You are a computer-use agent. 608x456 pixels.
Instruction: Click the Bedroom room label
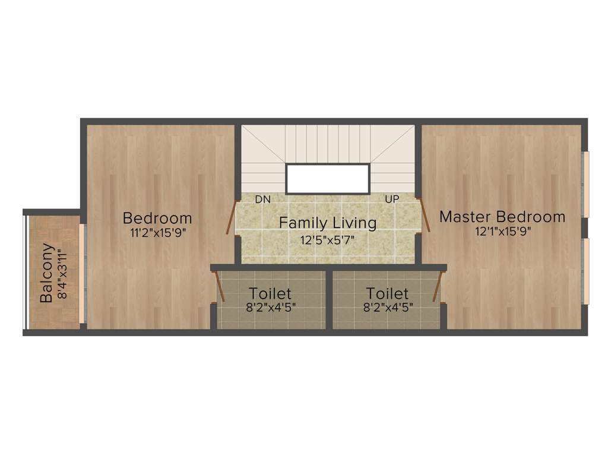click(157, 217)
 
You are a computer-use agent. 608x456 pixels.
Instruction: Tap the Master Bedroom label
click(502, 217)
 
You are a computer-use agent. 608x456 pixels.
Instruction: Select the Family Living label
click(328, 223)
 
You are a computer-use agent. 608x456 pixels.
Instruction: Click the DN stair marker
click(263, 199)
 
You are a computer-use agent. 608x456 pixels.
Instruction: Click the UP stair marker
click(392, 199)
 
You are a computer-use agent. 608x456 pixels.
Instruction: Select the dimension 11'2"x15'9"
click(158, 233)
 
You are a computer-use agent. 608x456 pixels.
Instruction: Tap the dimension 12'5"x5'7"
click(328, 240)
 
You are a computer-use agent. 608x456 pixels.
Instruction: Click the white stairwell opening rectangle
click(328, 179)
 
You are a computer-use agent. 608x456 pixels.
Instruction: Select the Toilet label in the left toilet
click(270, 293)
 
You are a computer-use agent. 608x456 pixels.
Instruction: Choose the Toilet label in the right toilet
click(387, 293)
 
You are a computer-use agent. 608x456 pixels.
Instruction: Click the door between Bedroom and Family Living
click(231, 216)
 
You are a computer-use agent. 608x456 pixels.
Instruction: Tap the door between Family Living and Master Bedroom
click(425, 215)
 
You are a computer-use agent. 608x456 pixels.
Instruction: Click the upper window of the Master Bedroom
click(585, 185)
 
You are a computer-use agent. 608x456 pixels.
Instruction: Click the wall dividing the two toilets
click(329, 299)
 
